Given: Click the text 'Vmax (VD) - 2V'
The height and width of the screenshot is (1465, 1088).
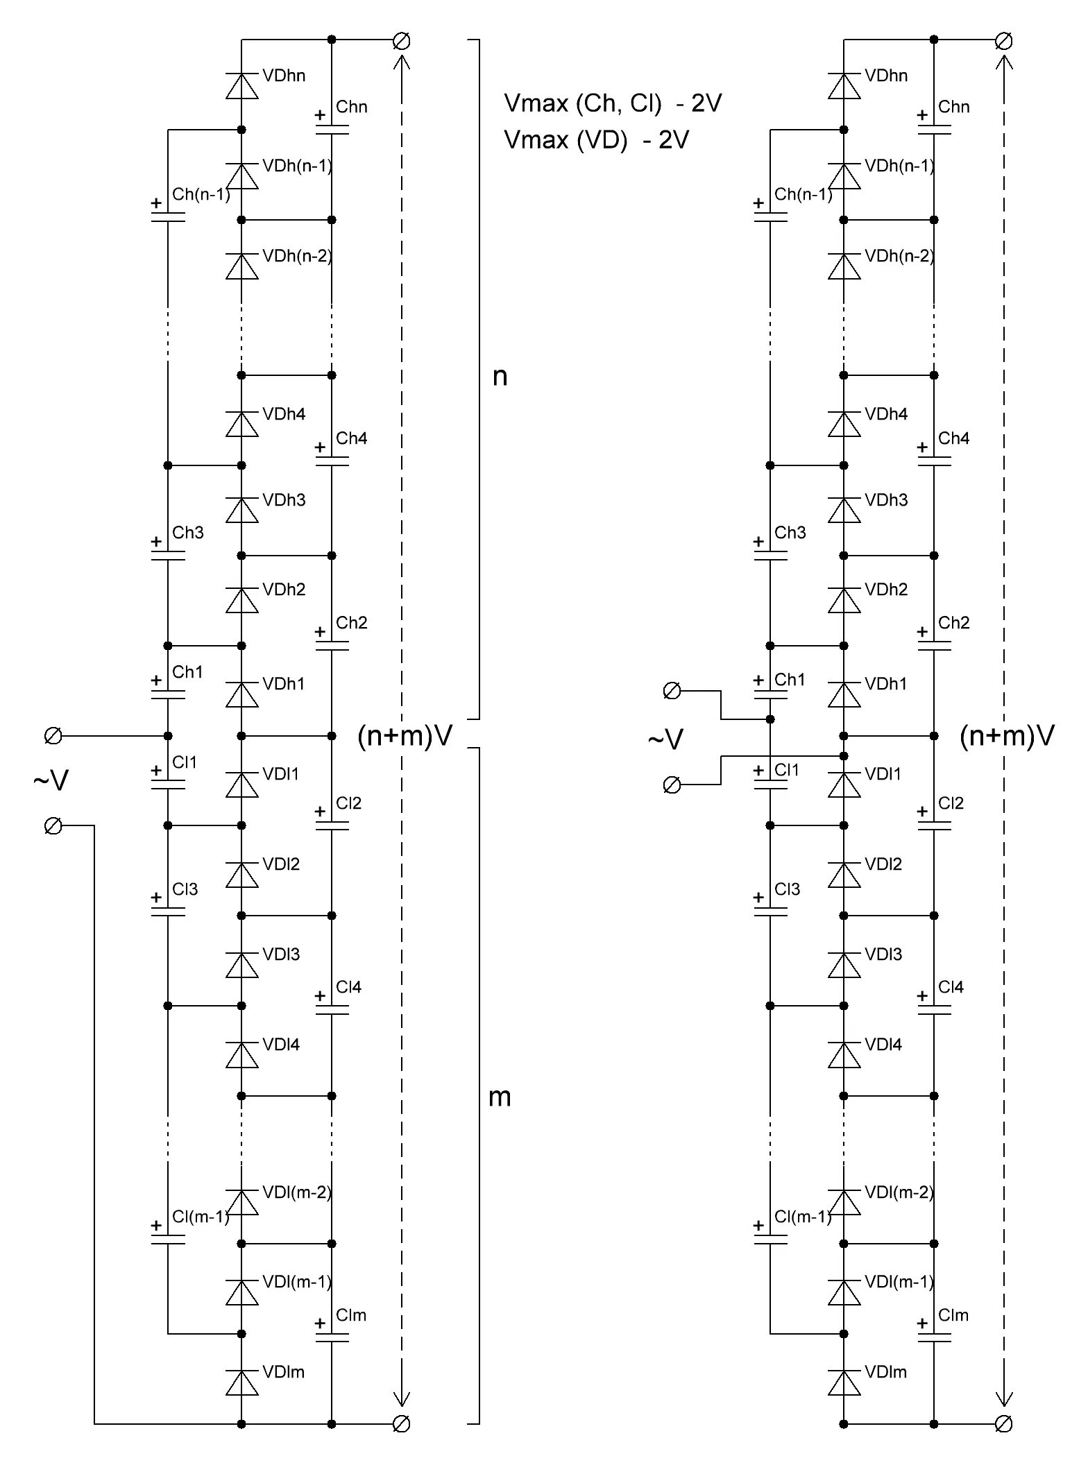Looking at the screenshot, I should (596, 140).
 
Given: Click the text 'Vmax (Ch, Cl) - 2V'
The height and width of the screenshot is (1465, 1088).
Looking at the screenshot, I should (613, 103).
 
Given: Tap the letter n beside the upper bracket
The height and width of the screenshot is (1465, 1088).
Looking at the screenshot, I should (500, 377).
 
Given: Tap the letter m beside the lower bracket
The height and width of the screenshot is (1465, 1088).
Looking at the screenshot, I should (500, 1097).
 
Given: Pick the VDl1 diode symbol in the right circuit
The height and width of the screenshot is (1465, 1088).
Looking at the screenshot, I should (844, 785).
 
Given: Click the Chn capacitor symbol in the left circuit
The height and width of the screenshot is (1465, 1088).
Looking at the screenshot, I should (332, 129).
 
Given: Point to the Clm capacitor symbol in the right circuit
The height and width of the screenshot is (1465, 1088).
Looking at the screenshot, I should (934, 1337).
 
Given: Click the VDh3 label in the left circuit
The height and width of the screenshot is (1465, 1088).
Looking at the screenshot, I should (284, 500).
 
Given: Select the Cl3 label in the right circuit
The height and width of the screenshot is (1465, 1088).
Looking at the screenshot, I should (788, 889).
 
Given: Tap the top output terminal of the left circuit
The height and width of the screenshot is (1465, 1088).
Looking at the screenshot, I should (401, 41).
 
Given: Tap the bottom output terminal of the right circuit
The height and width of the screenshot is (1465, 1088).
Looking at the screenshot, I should (1003, 1424).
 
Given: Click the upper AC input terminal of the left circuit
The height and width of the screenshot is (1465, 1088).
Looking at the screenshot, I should (53, 736).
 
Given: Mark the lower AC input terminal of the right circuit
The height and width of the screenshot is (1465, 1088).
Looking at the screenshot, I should (672, 785).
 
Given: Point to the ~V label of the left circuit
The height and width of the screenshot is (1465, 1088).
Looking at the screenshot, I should (51, 781).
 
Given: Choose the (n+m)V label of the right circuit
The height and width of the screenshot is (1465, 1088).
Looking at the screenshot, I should (1007, 736).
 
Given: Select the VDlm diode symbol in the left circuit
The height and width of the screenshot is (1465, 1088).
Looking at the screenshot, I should (241, 1382).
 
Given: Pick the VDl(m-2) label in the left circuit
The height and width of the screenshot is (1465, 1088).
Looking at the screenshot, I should (297, 1192).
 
